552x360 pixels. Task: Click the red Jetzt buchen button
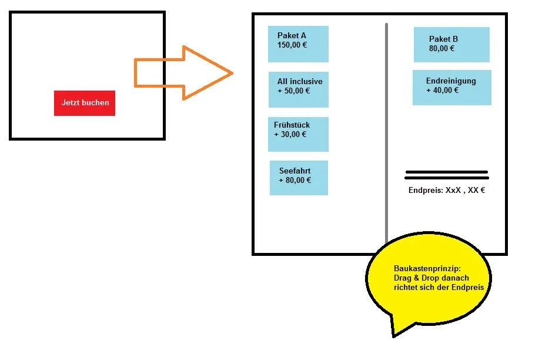tap(85, 103)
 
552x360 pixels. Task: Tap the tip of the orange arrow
tap(233, 74)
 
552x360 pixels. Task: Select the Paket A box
tap(298, 44)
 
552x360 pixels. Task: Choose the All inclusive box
tap(299, 89)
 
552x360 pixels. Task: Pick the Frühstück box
tap(298, 134)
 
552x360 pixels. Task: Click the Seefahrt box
tap(299, 178)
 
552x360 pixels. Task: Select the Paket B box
tap(451, 45)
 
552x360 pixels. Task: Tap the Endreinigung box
tap(452, 88)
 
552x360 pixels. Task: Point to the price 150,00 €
tap(292, 45)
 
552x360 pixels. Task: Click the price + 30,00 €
tap(290, 135)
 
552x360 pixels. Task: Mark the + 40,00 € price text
tap(442, 91)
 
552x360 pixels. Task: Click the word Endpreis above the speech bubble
tap(426, 191)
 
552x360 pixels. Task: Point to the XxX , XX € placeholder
tap(466, 190)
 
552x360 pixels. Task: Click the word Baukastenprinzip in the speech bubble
tap(427, 269)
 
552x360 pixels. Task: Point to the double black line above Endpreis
tap(447, 175)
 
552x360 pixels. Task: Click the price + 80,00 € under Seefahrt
tap(295, 181)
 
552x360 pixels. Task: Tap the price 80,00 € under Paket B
tap(442, 49)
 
